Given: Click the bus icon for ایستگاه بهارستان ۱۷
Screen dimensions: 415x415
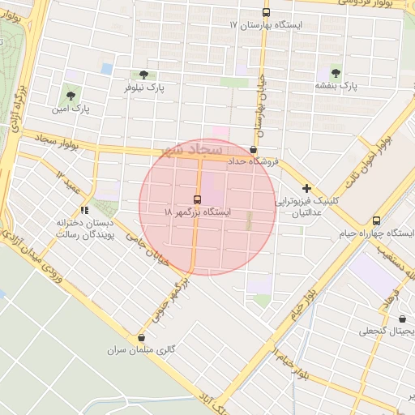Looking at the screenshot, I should (x=267, y=12).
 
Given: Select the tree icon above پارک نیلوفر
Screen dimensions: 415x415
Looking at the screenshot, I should (x=143, y=75).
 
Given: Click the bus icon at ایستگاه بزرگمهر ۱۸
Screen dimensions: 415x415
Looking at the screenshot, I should (x=197, y=199).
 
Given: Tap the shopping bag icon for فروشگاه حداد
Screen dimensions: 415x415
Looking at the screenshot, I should (x=254, y=150).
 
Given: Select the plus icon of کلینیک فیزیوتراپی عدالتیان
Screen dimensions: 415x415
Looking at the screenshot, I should (x=306, y=188).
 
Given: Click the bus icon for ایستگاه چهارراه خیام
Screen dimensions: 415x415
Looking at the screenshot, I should (x=376, y=220).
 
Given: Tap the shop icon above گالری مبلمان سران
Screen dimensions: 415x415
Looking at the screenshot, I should (x=142, y=338).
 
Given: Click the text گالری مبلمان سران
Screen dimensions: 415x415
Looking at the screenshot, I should (x=140, y=351).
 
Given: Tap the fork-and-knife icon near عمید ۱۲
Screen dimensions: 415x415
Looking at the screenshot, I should (x=85, y=211).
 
